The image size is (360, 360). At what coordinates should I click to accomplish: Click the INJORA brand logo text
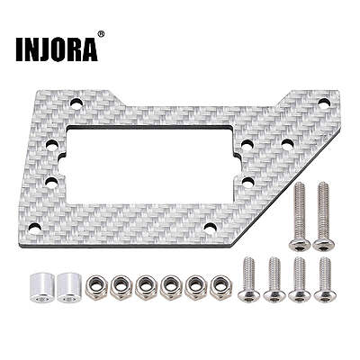pos(57,49)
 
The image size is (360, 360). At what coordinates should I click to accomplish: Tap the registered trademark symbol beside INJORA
pos(101,34)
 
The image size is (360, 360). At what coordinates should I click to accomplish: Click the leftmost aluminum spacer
pos(41,288)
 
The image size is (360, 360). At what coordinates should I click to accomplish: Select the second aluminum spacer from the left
pos(68,288)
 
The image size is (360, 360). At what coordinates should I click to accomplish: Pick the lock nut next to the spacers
pos(95,288)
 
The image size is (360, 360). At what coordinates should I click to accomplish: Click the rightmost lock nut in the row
pos(221,288)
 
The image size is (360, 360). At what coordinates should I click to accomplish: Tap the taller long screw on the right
pos(323,216)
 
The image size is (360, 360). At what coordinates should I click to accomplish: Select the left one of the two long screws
pos(299,216)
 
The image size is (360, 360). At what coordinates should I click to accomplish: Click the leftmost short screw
pos(249,279)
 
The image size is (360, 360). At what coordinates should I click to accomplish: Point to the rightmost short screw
pos(325,279)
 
